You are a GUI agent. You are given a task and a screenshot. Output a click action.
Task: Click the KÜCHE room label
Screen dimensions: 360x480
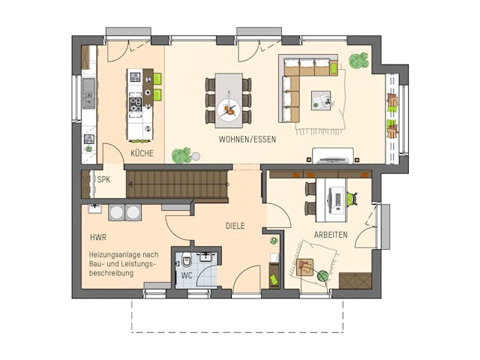tap(142, 153)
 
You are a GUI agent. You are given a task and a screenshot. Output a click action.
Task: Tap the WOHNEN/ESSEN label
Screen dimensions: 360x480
tap(247, 139)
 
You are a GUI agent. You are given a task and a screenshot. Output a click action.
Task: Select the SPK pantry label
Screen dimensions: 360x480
tap(103, 180)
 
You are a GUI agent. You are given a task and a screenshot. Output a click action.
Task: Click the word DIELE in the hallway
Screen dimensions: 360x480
tap(235, 225)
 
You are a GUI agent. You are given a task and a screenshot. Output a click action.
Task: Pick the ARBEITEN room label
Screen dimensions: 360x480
tap(330, 235)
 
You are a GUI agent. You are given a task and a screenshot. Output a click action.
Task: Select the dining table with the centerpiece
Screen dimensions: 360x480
tap(229, 98)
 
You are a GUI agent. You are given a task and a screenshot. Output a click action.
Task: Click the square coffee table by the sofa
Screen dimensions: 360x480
tap(321, 100)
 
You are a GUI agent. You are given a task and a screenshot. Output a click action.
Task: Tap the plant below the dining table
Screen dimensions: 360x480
tap(180, 155)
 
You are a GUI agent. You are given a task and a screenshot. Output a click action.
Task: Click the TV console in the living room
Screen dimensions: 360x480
tap(332, 155)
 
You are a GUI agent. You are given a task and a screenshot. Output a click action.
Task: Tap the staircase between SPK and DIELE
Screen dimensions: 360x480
tap(177, 184)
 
